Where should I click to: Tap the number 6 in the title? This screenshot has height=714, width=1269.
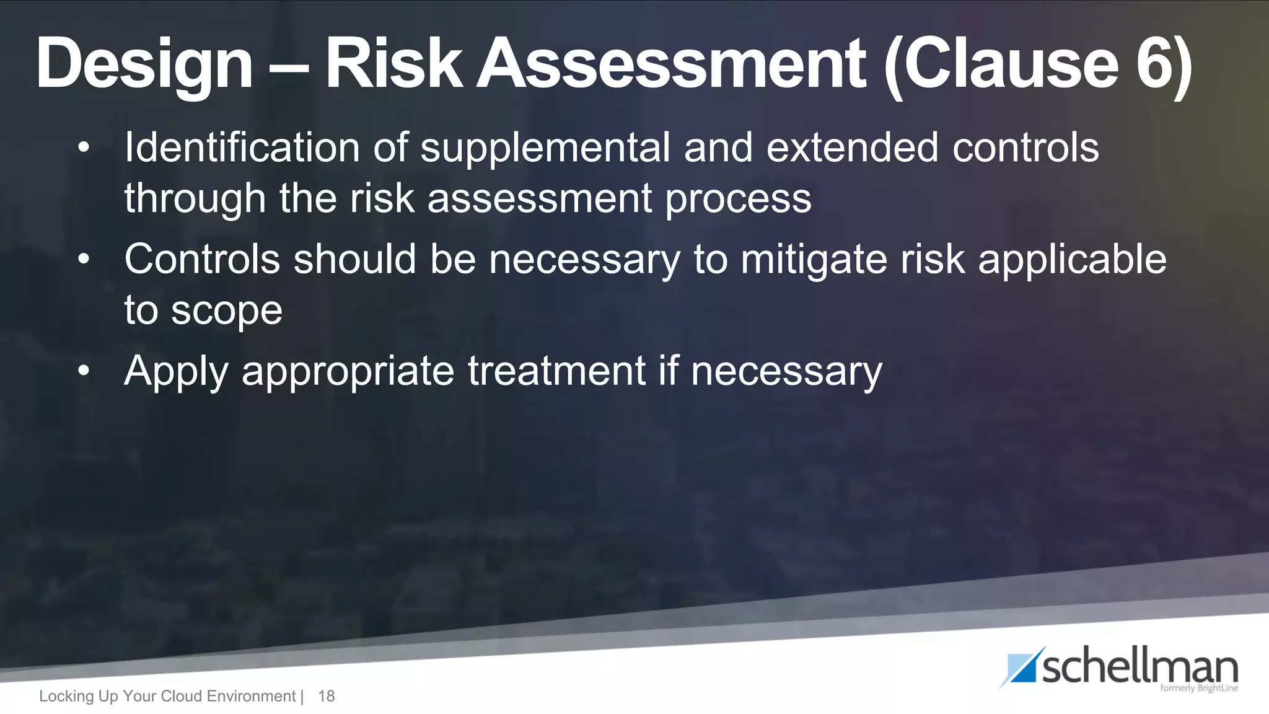pyautogui.click(x=1156, y=63)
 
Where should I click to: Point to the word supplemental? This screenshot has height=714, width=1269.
pyautogui.click(x=545, y=149)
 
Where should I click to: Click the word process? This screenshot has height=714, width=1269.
pyautogui.click(x=738, y=200)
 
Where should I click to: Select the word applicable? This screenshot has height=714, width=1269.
pyautogui.click(x=1072, y=260)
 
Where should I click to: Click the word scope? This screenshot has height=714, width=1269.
pyautogui.click(x=227, y=311)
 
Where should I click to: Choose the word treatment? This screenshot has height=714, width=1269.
pyautogui.click(x=557, y=371)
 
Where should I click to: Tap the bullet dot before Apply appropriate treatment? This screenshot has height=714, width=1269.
pyautogui.click(x=84, y=371)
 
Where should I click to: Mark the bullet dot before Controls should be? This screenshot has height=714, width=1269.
pyautogui.click(x=84, y=259)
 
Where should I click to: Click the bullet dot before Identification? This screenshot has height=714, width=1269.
pyautogui.click(x=84, y=148)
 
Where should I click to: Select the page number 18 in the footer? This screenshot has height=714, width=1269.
pyautogui.click(x=326, y=696)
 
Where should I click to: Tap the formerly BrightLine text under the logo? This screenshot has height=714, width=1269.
pyautogui.click(x=1198, y=688)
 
